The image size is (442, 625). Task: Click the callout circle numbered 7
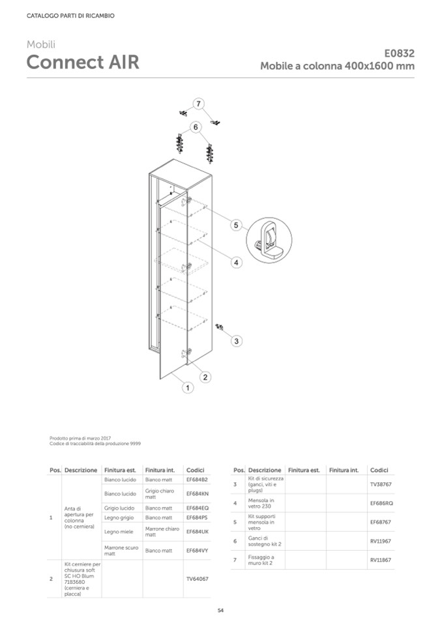[199, 103]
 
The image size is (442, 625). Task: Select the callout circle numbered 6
[195, 126]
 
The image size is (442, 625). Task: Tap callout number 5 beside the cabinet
[237, 225]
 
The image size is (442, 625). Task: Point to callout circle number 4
[237, 262]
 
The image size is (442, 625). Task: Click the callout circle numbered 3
[237, 340]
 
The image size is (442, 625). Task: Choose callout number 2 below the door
[205, 377]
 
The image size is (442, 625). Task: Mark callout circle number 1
[187, 388]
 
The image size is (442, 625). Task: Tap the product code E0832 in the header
[399, 54]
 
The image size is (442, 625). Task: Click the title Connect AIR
[82, 63]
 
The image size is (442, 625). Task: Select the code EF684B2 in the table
[196, 480]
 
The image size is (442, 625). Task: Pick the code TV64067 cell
[197, 579]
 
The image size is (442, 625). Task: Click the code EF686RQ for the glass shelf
[381, 503]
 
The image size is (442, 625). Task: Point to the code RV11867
[381, 560]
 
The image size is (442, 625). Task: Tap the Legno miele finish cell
[119, 532]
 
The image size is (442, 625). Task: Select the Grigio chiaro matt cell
[159, 493]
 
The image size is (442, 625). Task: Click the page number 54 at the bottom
[220, 610]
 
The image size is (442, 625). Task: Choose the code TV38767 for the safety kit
[381, 484]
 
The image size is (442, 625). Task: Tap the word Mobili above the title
[41, 44]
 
